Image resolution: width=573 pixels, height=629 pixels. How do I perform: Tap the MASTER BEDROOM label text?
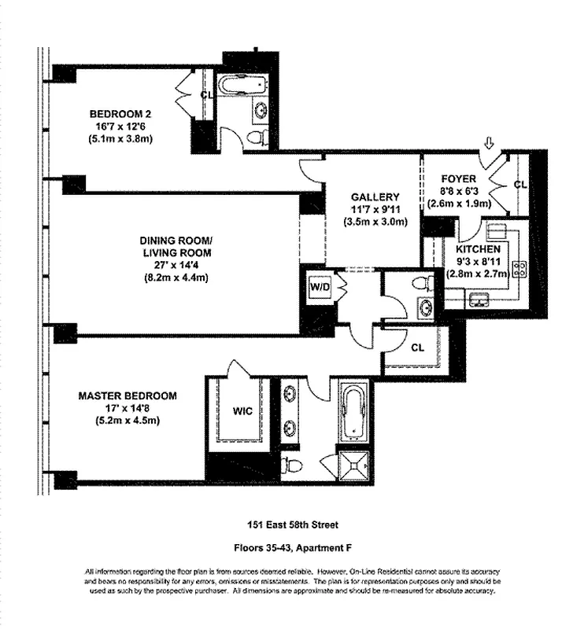click(x=127, y=395)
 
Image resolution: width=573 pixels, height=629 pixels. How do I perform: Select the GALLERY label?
click(x=375, y=197)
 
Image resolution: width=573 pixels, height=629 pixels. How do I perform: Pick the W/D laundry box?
click(x=319, y=287)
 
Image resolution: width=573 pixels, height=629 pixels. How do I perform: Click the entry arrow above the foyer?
click(x=488, y=143)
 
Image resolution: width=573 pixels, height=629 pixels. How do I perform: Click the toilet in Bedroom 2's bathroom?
click(x=256, y=138)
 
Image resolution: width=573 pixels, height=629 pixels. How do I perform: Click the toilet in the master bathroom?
click(x=293, y=465)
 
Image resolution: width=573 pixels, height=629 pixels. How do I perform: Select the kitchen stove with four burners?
click(x=519, y=268)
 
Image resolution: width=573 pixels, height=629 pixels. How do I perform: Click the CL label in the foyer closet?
click(x=519, y=185)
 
